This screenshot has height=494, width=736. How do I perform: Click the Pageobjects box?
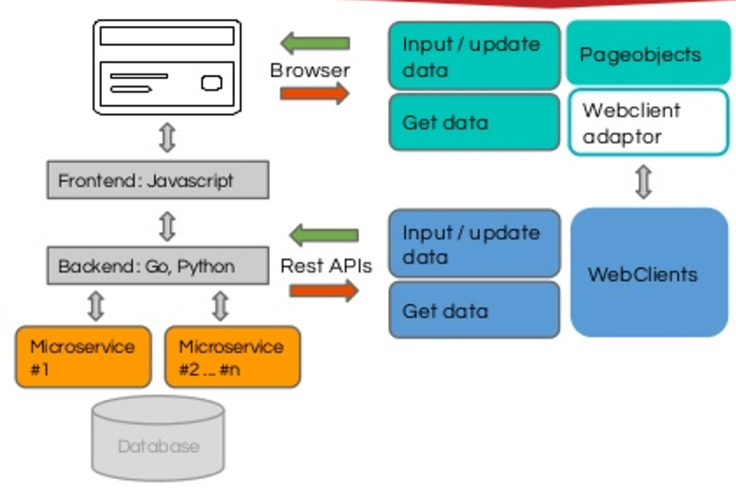click(x=648, y=53)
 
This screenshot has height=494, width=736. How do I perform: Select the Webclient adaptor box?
click(x=648, y=122)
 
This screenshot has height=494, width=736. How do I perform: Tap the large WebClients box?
click(x=649, y=273)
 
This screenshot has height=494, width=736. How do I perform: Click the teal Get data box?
click(x=474, y=122)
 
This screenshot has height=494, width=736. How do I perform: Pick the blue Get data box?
click(x=474, y=310)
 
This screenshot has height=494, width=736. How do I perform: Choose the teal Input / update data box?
click(x=474, y=56)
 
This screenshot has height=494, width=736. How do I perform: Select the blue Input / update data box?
click(x=474, y=243)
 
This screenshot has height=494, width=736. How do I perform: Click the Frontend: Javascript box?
click(x=158, y=180)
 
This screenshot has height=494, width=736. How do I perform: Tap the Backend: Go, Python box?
click(x=158, y=265)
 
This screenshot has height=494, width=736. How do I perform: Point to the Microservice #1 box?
click(x=83, y=357)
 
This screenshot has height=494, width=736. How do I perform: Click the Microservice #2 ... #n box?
click(x=233, y=357)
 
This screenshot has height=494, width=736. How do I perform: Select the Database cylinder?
click(x=158, y=439)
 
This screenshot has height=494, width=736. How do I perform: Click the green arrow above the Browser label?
click(x=315, y=43)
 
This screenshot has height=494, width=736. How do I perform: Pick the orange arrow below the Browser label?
click(x=315, y=93)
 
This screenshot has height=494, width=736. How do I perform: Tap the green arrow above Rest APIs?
click(x=324, y=235)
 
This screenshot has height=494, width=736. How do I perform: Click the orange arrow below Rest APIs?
click(x=324, y=291)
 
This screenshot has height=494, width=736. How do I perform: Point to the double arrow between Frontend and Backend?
click(x=167, y=227)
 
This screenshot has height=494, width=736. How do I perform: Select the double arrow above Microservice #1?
click(x=96, y=306)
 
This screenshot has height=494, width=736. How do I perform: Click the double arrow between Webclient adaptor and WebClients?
click(x=643, y=182)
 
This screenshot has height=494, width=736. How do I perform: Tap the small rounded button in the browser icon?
click(x=212, y=83)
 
